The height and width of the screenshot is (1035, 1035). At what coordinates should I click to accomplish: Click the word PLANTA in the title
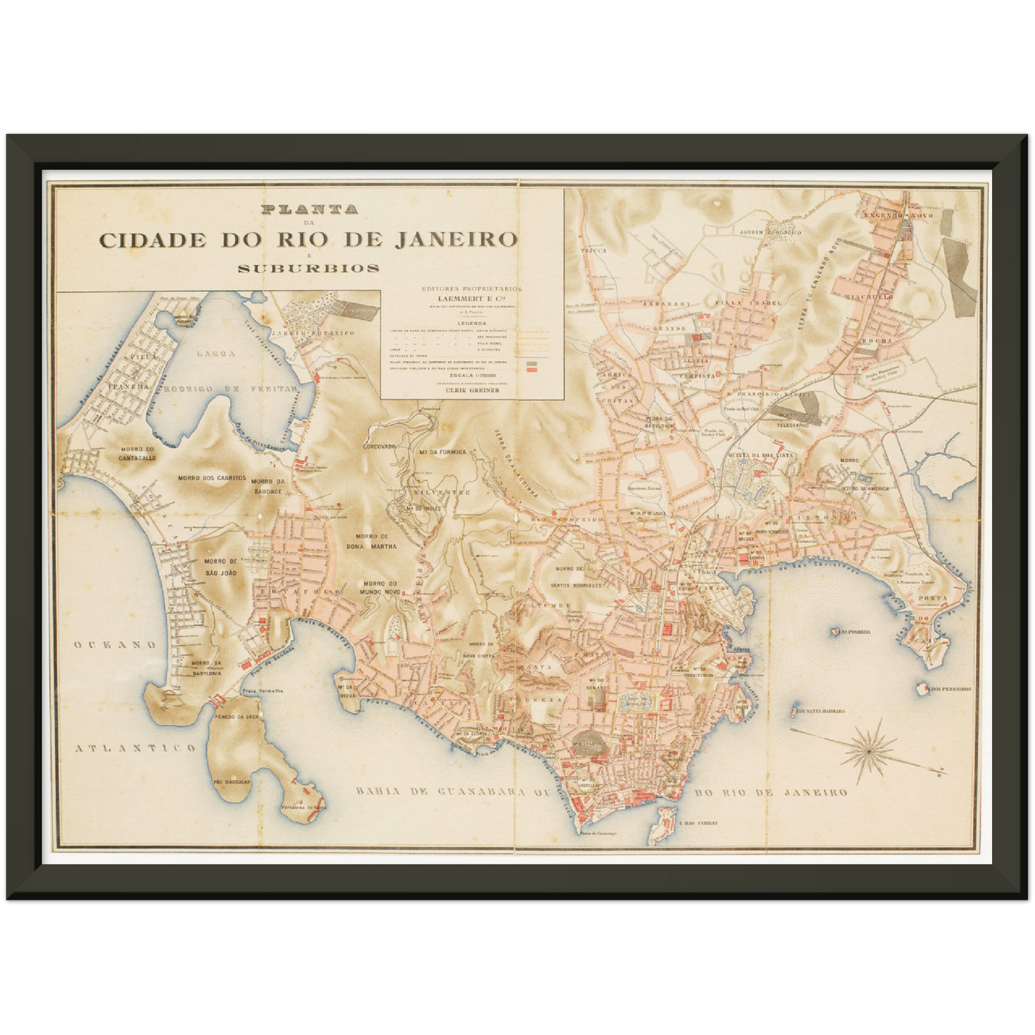click(x=309, y=211)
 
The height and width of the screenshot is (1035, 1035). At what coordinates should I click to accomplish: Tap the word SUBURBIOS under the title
click(x=309, y=269)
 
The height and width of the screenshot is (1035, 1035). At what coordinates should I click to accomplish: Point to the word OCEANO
click(x=115, y=645)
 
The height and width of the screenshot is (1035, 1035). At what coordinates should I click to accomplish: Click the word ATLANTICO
click(x=135, y=748)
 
